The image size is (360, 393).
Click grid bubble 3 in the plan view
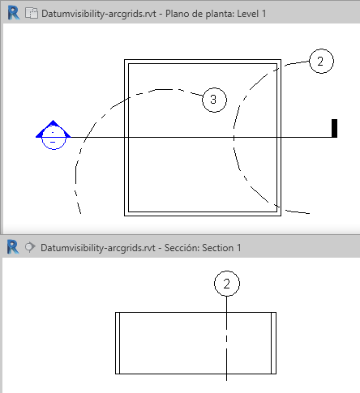214,100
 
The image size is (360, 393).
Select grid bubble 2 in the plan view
321,61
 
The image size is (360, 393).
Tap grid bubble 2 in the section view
227,284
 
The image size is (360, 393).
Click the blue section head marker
54,135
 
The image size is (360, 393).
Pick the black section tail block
334,128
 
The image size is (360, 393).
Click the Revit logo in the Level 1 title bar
14,13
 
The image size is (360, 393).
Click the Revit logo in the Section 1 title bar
13,247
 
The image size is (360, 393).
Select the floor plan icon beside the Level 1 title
32,13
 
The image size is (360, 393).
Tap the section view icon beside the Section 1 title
30,247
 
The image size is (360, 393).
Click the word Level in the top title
247,14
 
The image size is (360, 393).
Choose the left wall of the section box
118,343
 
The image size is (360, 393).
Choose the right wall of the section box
273,343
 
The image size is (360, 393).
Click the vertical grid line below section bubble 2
226,339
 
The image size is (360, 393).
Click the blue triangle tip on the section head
54,120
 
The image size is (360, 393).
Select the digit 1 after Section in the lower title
238,248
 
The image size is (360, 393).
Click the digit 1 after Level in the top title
264,14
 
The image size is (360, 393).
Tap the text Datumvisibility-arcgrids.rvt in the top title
99,14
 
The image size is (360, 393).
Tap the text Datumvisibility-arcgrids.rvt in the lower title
98,248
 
